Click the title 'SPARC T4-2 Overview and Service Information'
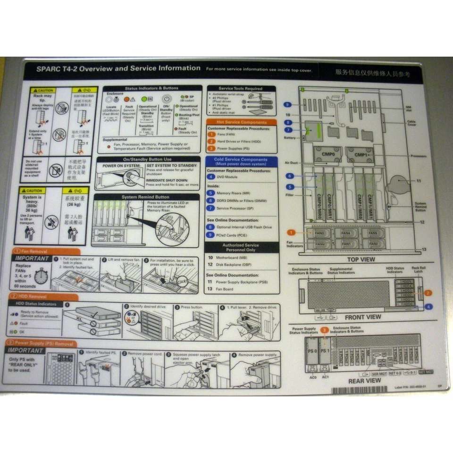click(118, 68)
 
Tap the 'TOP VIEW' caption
click(361, 260)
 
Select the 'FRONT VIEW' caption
click(362, 317)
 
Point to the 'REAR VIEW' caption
click(364, 380)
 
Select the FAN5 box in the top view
click(373, 233)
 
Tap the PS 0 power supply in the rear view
click(311, 351)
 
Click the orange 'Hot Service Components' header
click(241, 122)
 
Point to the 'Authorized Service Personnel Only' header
click(241, 247)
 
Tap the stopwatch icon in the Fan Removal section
click(41, 277)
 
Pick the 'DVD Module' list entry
click(227, 176)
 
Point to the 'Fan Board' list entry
click(225, 289)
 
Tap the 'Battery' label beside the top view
click(290, 138)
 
